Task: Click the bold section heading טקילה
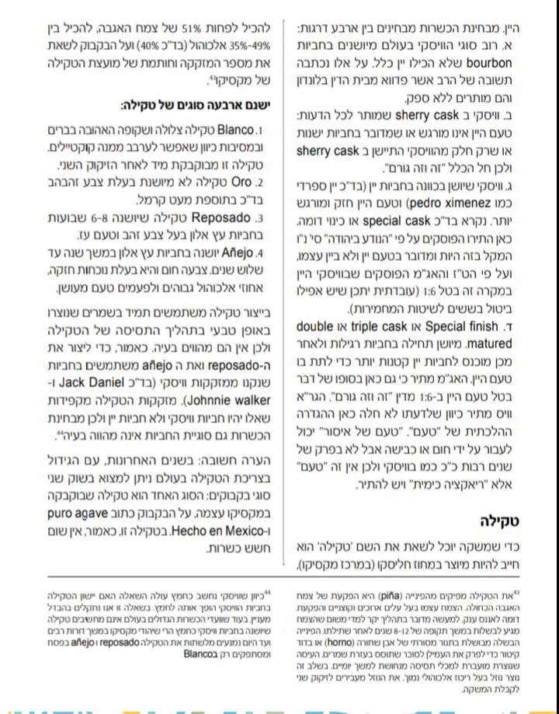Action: tap(505, 520)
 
